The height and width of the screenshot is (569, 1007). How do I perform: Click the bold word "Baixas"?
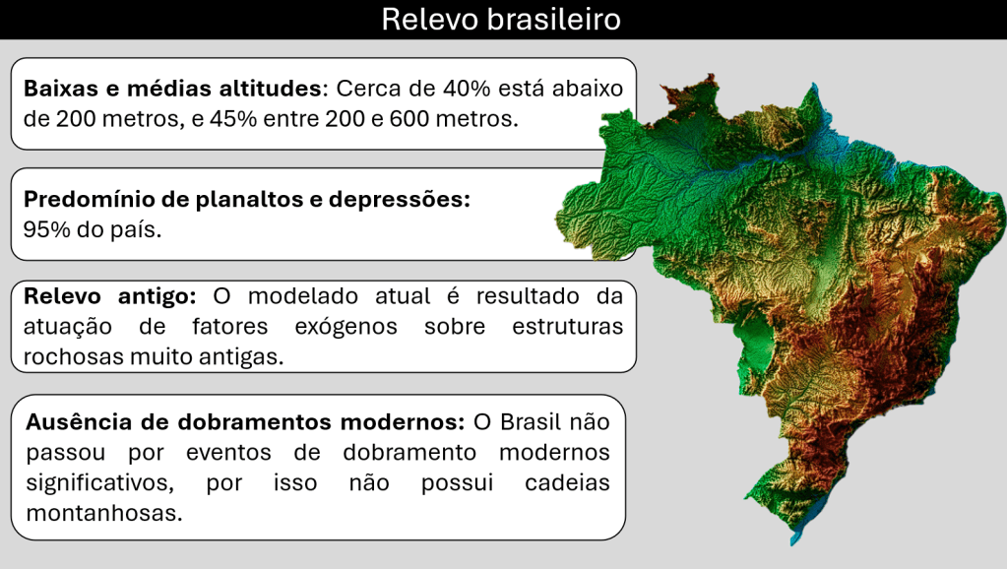click(x=61, y=88)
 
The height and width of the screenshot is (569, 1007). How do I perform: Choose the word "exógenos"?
click(x=346, y=327)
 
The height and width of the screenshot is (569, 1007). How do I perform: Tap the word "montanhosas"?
click(x=104, y=513)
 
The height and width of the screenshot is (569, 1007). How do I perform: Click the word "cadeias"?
click(x=567, y=483)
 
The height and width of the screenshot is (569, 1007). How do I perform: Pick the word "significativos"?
click(x=100, y=483)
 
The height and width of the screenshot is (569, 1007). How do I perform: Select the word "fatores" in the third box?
click(x=230, y=327)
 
